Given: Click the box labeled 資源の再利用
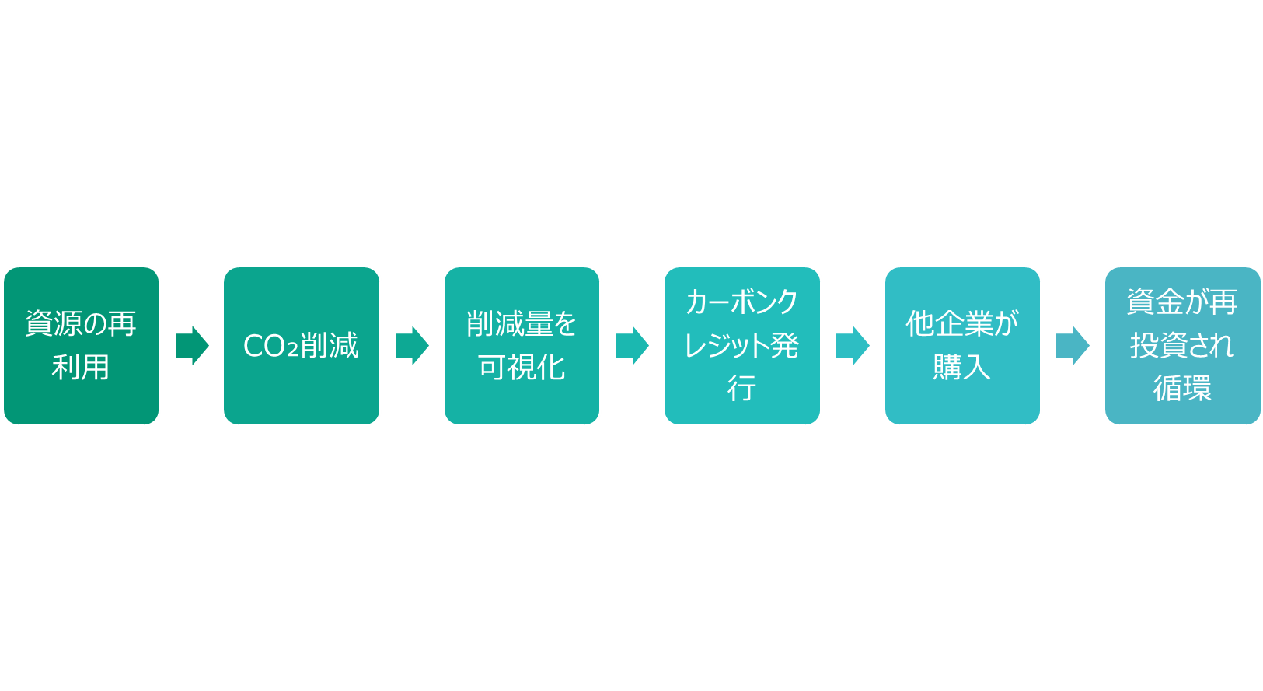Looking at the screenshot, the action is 81,345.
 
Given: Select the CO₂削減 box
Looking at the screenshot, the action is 302,345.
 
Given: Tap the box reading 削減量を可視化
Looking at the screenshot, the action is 522,345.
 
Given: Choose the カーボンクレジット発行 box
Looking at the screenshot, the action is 742,345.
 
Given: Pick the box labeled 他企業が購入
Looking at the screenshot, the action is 962,345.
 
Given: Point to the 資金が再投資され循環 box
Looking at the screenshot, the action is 1183,345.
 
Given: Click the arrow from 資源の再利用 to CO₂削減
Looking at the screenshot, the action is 192,345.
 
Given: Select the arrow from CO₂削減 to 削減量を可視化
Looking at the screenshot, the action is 412,345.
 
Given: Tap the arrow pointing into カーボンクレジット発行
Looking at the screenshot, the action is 633,345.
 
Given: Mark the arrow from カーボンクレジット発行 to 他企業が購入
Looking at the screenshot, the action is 853,345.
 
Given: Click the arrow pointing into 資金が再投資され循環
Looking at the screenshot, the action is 1073,345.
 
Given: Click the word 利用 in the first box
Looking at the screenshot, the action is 81,367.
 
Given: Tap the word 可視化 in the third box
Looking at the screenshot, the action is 522,367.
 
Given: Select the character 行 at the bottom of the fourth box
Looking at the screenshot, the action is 741,389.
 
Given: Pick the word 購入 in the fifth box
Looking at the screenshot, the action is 962,367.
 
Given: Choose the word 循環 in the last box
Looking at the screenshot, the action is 1182,389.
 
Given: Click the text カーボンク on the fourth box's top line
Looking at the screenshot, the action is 742,302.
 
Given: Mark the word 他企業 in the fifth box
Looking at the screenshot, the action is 947,324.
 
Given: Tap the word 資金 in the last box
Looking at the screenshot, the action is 1155,302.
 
